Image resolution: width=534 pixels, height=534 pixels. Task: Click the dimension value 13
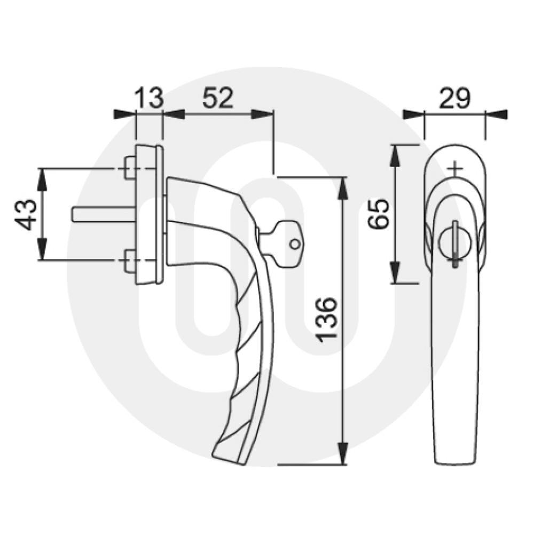coord(148,98)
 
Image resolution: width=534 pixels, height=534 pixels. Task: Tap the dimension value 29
coord(455,98)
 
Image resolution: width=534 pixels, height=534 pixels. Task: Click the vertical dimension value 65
coord(380,214)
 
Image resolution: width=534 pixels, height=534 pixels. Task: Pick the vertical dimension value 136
coord(327,319)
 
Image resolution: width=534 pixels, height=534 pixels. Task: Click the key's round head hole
coord(294,245)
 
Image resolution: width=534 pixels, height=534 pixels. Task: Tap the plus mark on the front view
coord(455,169)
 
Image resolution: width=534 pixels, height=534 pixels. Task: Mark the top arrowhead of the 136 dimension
coord(344,185)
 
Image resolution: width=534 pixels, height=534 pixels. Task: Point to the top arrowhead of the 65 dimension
coord(396,153)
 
